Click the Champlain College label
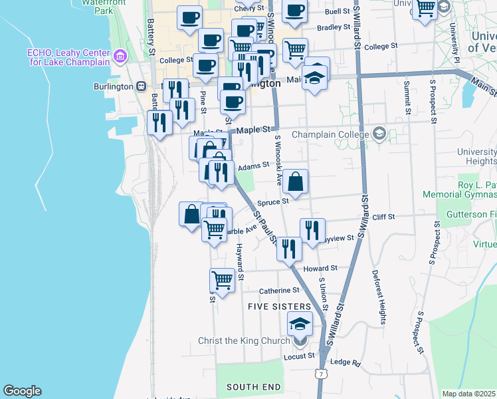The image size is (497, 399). [330, 134]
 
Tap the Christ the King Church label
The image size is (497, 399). [245, 341]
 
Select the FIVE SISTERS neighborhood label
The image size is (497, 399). [279, 307]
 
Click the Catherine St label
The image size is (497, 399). [279, 291]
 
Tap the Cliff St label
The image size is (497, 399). [383, 217]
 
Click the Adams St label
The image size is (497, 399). [253, 166]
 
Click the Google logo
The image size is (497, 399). [22, 391]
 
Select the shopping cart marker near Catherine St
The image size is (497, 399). [222, 281]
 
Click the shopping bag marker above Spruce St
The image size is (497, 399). [295, 180]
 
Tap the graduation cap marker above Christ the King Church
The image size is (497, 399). [300, 324]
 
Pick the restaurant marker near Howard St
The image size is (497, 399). [289, 249]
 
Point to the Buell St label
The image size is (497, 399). [338, 12]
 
